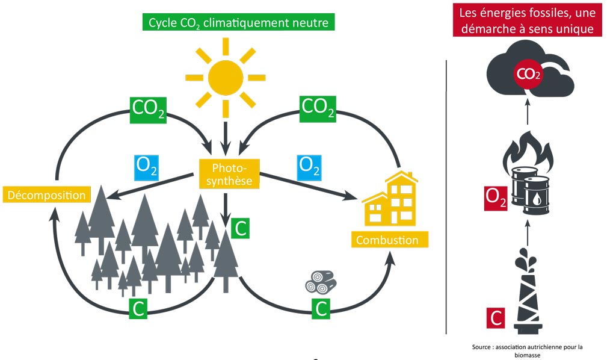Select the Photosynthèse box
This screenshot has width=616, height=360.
226,172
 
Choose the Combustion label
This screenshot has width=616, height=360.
387,240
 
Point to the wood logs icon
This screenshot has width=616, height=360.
318,282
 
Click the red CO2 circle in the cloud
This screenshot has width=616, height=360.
527,74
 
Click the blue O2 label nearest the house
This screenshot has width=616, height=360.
309,166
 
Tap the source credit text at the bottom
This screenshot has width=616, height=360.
528,350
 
